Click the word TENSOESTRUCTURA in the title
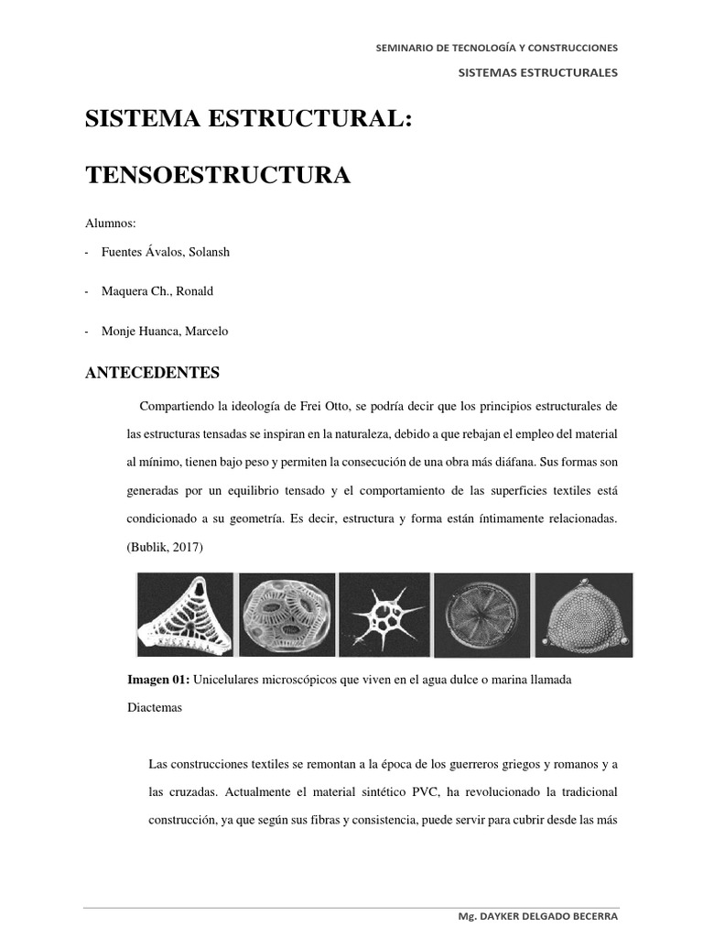[x=217, y=174]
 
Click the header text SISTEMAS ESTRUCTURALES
[x=538, y=72]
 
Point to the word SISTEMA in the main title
[x=141, y=120]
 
